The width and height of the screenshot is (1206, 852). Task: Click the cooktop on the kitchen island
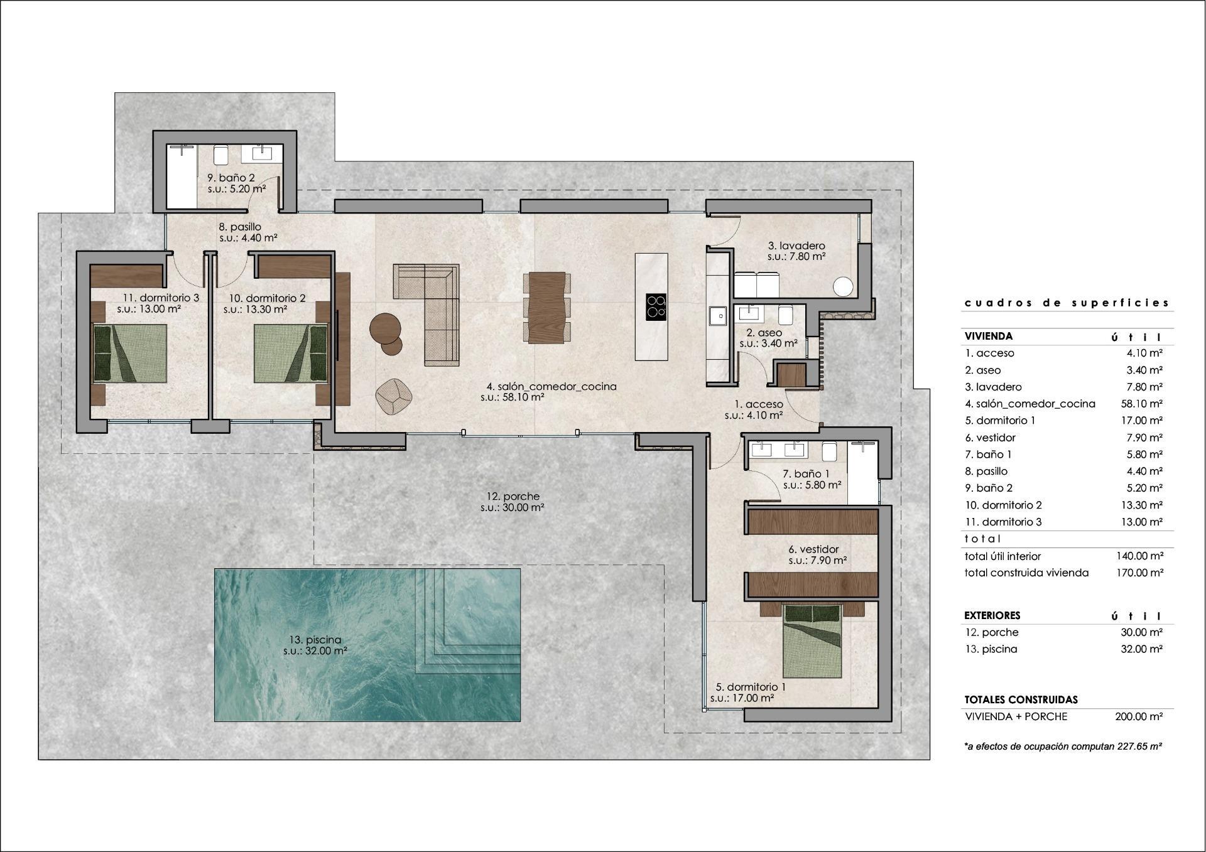pos(656,307)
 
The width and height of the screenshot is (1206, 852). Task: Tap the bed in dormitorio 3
pos(131,353)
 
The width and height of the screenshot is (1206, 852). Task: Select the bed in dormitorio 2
pos(291,353)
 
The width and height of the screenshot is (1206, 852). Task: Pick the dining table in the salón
pos(547,308)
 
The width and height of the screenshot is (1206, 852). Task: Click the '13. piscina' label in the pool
pos(315,640)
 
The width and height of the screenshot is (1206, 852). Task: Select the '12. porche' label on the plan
pos(513,497)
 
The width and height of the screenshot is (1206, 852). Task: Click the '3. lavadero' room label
pos(796,245)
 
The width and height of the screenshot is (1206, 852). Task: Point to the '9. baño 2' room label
pos(231,178)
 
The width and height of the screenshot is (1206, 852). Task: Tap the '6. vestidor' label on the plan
pos(813,549)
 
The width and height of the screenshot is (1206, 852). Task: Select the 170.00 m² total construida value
pos(1139,573)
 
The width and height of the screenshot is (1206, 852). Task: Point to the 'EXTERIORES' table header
pos(992,615)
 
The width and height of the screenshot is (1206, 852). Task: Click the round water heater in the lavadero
pos(843,287)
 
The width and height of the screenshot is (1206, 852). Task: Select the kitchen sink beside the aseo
pos(716,316)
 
